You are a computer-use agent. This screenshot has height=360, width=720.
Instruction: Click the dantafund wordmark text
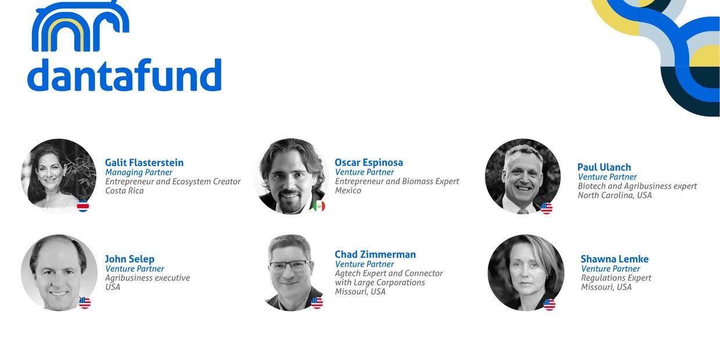point(124,75)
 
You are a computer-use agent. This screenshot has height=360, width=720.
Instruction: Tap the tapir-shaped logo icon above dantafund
point(80,26)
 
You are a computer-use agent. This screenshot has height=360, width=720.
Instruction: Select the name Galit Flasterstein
point(145,163)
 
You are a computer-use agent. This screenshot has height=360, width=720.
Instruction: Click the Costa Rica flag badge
point(83,206)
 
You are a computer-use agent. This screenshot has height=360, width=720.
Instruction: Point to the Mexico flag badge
point(319,206)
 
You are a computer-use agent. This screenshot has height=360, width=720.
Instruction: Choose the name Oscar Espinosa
point(369,163)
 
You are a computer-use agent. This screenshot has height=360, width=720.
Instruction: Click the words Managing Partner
point(139,172)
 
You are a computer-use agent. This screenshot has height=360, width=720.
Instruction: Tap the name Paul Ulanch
point(604,167)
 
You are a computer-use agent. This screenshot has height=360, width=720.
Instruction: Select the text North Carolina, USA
point(614,195)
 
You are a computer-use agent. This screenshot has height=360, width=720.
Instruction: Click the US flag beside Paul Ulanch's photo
point(546,208)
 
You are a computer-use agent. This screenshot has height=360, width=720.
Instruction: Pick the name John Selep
point(129,259)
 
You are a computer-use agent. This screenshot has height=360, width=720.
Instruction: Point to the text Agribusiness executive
point(147,278)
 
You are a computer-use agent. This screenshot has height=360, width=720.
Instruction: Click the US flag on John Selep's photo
point(85,303)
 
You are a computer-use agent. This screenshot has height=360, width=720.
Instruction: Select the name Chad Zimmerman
point(375,254)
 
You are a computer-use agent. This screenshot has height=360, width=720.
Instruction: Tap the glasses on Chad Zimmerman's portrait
point(289,265)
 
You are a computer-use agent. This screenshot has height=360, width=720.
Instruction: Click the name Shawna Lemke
point(614,259)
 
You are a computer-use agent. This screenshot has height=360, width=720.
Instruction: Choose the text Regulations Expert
point(616,278)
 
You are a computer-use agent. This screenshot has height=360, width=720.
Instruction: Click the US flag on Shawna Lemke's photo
point(549,304)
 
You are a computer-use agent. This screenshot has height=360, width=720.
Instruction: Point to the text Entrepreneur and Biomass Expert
point(397,181)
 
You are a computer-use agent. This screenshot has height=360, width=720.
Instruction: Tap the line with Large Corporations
point(380,283)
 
